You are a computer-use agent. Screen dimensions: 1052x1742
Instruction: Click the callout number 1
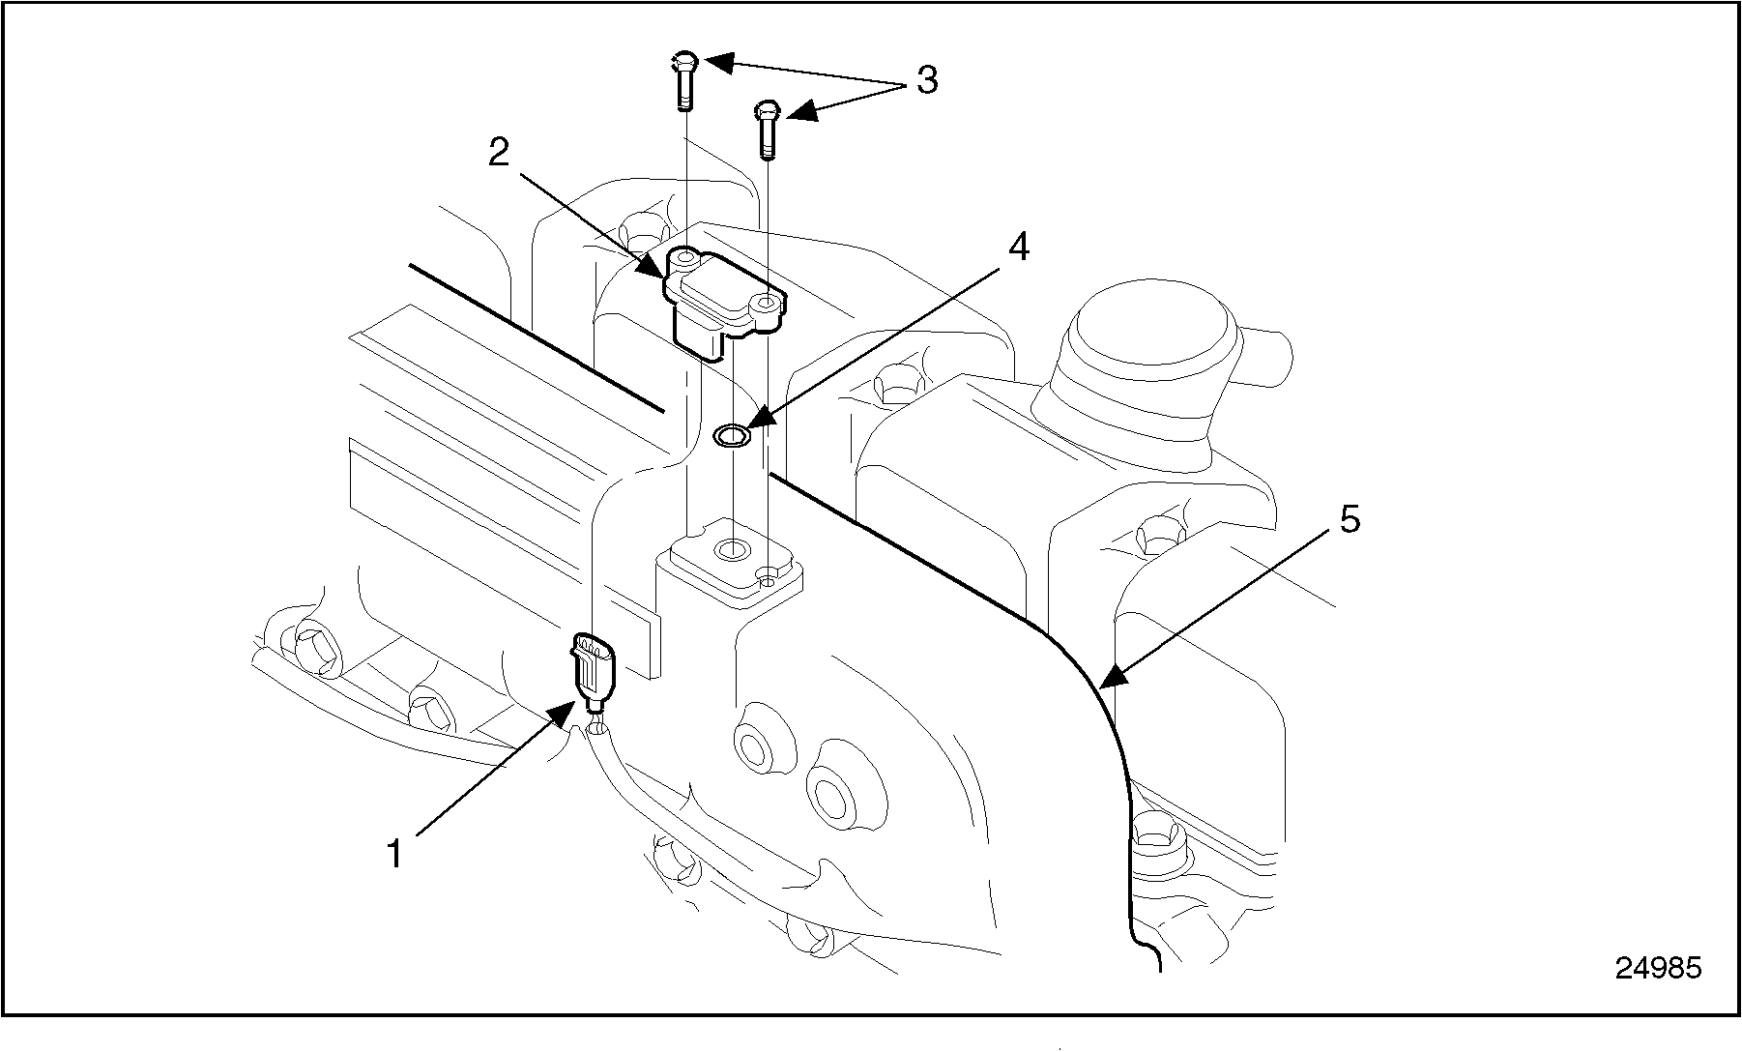coord(394,854)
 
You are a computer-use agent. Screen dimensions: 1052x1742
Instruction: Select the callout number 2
coord(499,152)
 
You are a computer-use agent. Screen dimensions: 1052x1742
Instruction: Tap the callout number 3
coord(927,80)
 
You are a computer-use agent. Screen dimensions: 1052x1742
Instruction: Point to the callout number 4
coord(1018,248)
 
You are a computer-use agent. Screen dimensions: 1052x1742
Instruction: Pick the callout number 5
coord(1350,519)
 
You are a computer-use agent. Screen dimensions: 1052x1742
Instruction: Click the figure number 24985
coord(1659,968)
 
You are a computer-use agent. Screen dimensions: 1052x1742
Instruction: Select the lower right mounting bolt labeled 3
coord(767,129)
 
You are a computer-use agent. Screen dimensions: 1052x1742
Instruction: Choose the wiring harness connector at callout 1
coord(592,669)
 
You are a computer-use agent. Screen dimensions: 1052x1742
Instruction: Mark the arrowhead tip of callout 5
coord(1104,686)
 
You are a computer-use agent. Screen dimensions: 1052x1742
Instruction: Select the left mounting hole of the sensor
coord(685,258)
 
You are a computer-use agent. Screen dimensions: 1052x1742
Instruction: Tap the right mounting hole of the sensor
coord(768,305)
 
